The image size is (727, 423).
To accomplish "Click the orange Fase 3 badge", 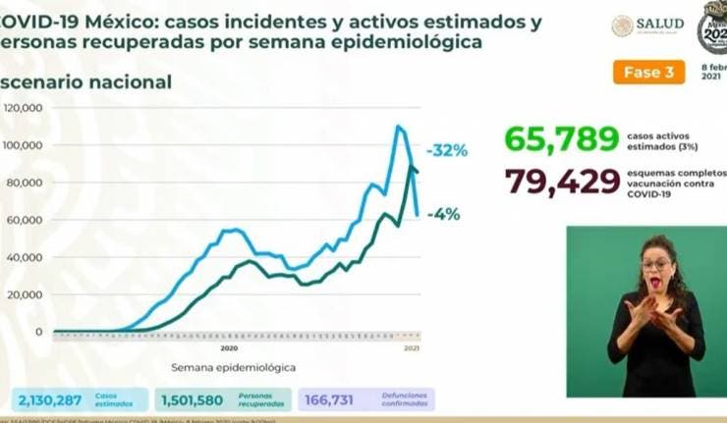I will point(647,73).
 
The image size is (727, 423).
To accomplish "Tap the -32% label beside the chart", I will point(447,151).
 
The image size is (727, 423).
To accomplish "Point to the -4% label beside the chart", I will point(443,214).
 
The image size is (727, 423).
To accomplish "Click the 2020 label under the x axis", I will point(229,348).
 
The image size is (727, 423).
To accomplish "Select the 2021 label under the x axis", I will point(412,348).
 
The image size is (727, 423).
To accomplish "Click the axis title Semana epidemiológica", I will point(232,368).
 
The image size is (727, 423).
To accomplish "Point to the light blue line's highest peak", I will point(398,126).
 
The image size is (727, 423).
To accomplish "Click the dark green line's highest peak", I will point(411,167).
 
